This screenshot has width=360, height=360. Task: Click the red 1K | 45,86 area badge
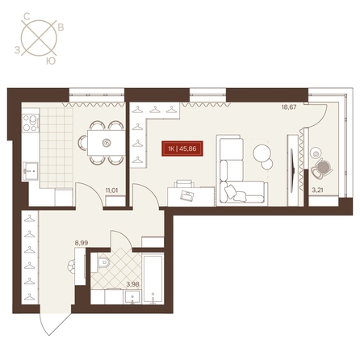(x=182, y=149)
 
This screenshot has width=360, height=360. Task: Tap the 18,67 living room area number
(x=289, y=107)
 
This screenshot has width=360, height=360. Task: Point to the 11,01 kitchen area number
(x=111, y=190)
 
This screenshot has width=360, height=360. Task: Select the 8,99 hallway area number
(x=82, y=243)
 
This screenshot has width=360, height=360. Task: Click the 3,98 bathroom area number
(x=132, y=284)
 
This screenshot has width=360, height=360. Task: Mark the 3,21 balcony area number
(x=317, y=190)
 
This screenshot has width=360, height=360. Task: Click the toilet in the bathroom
(x=103, y=263)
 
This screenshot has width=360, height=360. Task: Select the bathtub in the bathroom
(x=153, y=279)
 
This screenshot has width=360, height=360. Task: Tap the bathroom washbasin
(x=132, y=297)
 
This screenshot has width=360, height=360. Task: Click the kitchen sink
(x=31, y=170)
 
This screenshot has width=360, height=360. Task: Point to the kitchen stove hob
(x=31, y=123)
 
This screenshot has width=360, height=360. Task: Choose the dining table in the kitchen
(x=107, y=142)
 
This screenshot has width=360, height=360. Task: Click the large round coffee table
(x=262, y=153)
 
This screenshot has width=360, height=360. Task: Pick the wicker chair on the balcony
(x=322, y=169)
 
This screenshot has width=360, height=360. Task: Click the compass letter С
(x=27, y=17)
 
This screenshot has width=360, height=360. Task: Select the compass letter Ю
(x=50, y=61)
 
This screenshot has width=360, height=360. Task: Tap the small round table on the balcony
(x=316, y=153)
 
